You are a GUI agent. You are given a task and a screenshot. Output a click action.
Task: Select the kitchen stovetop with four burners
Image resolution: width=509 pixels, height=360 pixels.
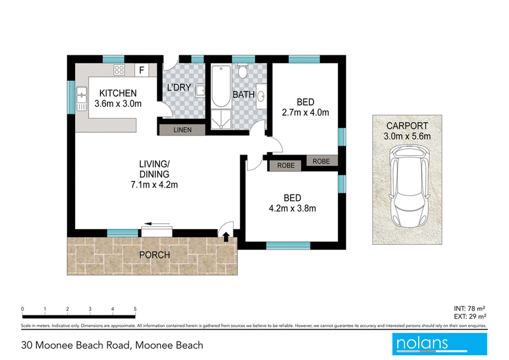coord(119,70)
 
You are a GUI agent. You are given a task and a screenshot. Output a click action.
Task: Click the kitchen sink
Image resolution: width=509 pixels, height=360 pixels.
coord(81,99)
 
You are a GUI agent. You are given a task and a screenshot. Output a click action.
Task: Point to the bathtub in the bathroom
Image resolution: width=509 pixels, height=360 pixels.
coord(221,85)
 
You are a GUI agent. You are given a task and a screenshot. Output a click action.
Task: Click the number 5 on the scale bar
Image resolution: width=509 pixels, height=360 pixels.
coord(136,309)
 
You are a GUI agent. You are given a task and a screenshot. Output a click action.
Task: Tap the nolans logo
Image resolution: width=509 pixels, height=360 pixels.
coord(439,343)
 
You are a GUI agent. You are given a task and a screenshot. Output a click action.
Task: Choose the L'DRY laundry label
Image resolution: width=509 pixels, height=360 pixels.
coord(179,87)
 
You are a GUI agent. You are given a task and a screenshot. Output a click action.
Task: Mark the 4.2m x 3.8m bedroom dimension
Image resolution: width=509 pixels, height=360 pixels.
coord(293,207)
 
